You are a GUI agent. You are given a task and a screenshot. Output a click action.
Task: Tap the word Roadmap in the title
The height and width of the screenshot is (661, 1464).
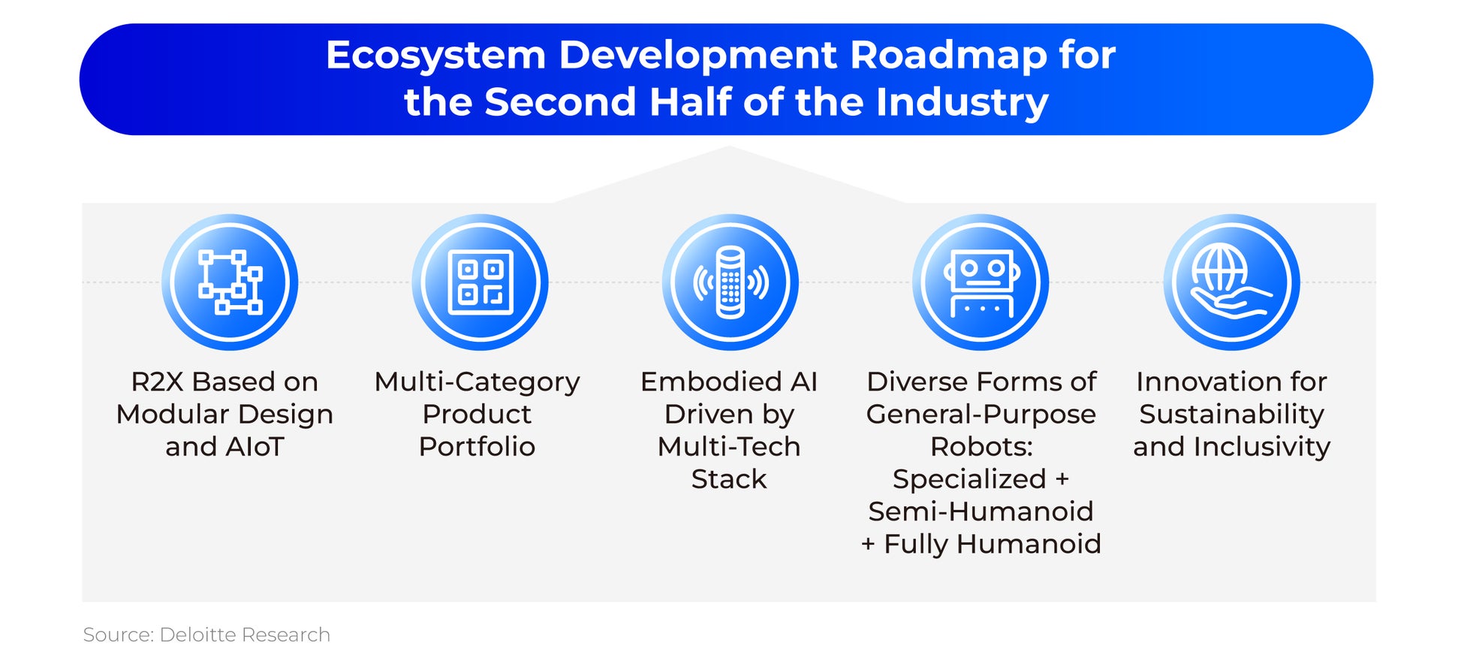tap(948, 55)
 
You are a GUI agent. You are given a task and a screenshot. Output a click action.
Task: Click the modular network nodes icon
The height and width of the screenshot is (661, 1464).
tap(230, 282)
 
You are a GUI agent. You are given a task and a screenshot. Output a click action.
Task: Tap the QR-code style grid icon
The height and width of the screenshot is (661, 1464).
tap(480, 282)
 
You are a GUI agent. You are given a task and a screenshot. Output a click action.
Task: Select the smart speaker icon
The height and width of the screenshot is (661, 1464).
tap(730, 282)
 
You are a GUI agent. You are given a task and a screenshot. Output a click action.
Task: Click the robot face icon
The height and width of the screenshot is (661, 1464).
tap(981, 282)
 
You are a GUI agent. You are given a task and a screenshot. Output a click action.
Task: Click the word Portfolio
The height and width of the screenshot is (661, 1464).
tap(477, 447)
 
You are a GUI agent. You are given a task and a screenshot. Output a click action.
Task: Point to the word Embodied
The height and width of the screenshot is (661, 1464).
tap(701, 382)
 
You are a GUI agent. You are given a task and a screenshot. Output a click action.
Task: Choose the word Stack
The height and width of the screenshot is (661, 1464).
tap(729, 479)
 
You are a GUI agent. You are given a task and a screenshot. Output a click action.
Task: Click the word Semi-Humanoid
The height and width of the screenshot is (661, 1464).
tap(981, 512)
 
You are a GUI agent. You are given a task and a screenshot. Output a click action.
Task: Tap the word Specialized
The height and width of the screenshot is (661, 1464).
tap(969, 480)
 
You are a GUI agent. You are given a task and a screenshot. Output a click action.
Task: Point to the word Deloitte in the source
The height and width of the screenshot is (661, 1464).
tap(198, 635)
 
